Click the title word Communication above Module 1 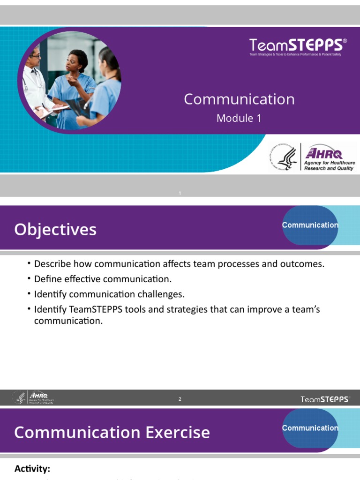(x=239, y=99)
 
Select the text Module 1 (x=239, y=119)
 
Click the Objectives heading (x=55, y=230)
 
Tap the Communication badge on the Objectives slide (x=310, y=225)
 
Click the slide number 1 (x=180, y=194)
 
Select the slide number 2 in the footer (x=180, y=399)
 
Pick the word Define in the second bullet (x=47, y=279)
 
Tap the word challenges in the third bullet (x=161, y=295)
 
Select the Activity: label (x=32, y=469)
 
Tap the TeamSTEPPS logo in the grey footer (x=325, y=399)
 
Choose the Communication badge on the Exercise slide (x=310, y=428)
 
